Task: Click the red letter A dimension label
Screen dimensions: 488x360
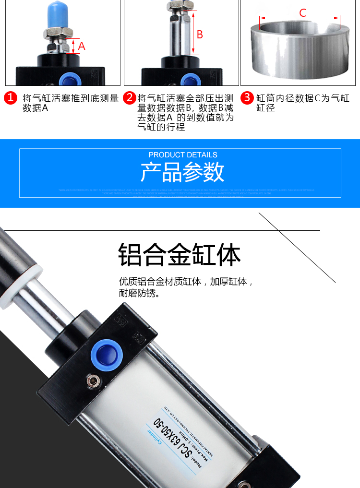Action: tap(82, 46)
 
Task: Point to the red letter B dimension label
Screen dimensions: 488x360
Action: tap(200, 35)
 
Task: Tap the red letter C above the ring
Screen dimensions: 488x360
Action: tap(302, 13)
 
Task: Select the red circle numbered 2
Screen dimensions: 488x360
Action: tap(129, 98)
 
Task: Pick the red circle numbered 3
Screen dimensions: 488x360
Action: tap(247, 98)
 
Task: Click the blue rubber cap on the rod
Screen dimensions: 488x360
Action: tap(57, 14)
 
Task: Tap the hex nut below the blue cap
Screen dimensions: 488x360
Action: tap(57, 33)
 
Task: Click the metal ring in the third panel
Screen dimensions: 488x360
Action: tap(300, 50)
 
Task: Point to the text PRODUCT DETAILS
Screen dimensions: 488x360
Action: tap(183, 155)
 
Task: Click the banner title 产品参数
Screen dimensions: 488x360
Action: tap(182, 172)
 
